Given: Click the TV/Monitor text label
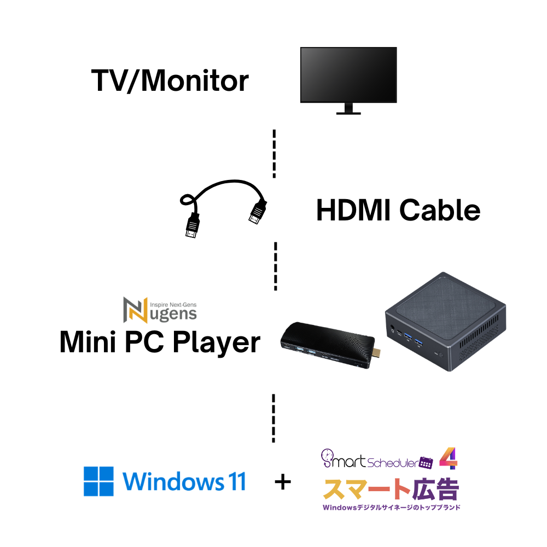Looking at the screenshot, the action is click(170, 80).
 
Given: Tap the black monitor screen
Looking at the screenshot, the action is click(348, 74).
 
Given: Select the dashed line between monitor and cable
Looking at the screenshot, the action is click(274, 154).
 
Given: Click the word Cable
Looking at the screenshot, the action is click(440, 210).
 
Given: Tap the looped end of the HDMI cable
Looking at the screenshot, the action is click(187, 200).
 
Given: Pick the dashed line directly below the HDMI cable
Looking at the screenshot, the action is click(276, 266).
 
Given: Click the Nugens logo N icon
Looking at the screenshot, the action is click(135, 310).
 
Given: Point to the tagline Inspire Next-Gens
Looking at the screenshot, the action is click(173, 305).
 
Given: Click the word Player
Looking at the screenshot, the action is click(216, 342).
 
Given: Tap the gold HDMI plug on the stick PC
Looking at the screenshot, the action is click(376, 353).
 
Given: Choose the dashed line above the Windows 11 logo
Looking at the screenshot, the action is click(273, 418).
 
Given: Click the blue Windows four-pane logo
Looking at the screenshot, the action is click(98, 481).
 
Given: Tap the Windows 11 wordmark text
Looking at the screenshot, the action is click(184, 481).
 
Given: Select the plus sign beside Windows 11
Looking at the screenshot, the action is click(283, 483).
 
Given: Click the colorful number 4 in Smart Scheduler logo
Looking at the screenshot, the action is click(449, 458).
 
